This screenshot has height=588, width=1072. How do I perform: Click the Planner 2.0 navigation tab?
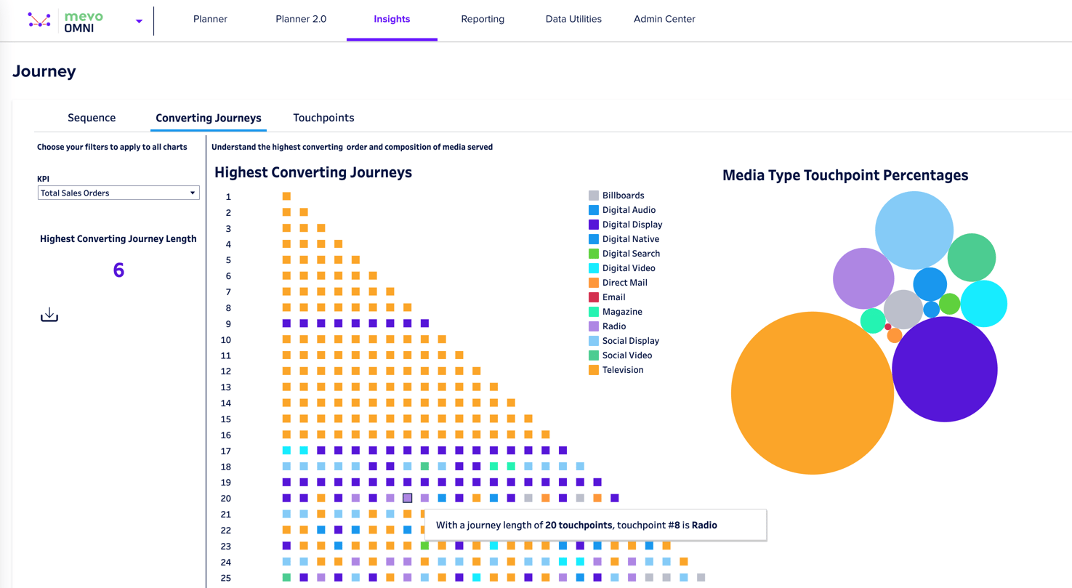tap(301, 19)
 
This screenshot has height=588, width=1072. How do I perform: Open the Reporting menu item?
tap(483, 19)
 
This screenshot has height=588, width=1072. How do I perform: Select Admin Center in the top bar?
tap(664, 19)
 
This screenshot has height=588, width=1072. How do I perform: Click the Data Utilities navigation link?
tap(573, 19)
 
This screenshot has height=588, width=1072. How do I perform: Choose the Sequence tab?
tap(92, 118)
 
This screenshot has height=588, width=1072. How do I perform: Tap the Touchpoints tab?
tap(323, 118)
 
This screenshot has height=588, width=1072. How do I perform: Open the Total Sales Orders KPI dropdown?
tap(118, 193)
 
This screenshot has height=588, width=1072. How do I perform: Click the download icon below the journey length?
tap(49, 315)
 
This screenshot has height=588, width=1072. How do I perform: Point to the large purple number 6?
tap(118, 270)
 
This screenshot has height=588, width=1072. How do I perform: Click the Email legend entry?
tap(613, 297)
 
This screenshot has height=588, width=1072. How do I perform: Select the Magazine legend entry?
tap(621, 312)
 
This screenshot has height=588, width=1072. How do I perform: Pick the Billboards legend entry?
tap(623, 196)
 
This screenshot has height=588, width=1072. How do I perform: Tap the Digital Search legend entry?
tap(630, 254)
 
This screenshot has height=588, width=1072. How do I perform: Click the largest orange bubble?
tap(812, 393)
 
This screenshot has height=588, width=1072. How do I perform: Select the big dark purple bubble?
tap(944, 369)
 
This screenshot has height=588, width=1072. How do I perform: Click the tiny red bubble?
tap(888, 327)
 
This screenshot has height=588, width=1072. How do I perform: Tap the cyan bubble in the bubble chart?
tap(984, 303)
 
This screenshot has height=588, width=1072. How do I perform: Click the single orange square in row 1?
tap(286, 196)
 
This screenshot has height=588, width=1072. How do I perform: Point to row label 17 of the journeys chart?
tap(226, 451)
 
